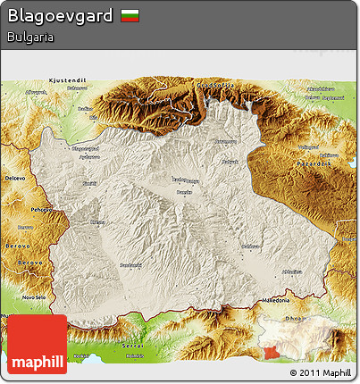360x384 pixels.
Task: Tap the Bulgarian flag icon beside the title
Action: click(130, 16)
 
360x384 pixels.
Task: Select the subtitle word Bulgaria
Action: click(29, 38)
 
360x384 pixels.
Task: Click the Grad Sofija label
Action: click(214, 84)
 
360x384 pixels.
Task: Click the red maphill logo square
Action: click(37, 344)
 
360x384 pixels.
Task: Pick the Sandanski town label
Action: click(131, 264)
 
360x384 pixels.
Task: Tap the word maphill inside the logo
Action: click(37, 361)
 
